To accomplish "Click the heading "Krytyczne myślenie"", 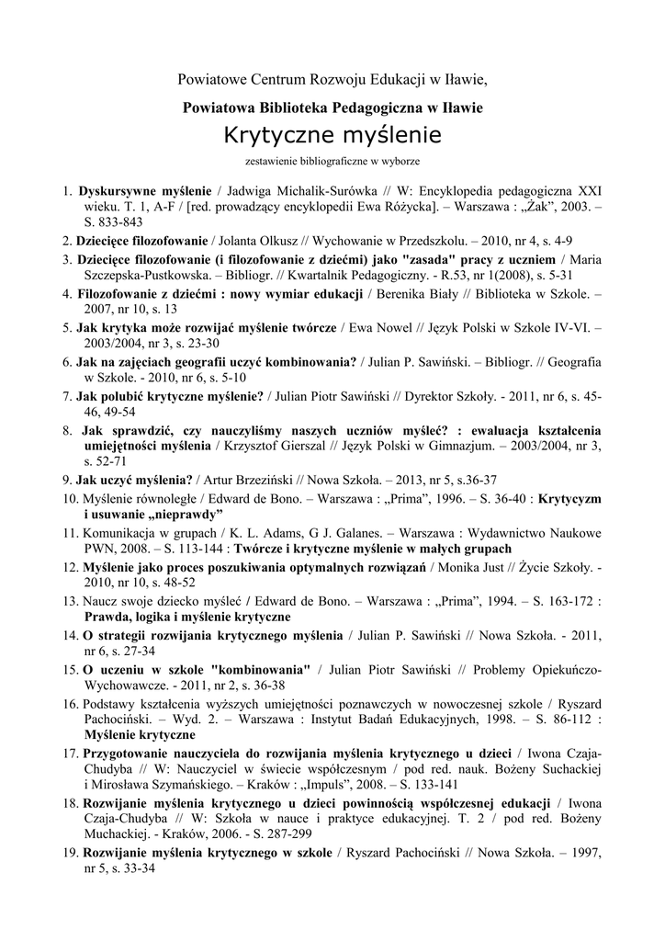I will pos(332,136).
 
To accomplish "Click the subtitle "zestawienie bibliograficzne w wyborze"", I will pos(332,162).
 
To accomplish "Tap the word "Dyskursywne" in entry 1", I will pos(119,191).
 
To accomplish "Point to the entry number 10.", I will pos(71,497).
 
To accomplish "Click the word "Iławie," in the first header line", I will pos(464,79).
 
